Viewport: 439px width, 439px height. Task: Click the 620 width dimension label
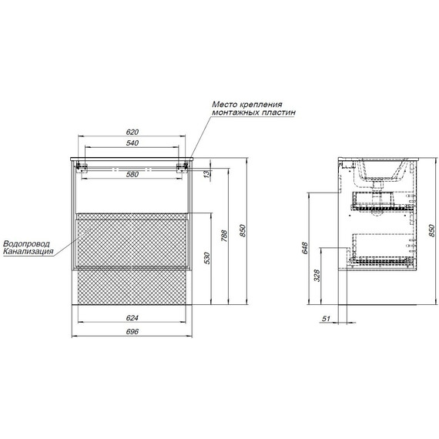(x=132, y=132)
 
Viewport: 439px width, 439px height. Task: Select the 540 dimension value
(x=132, y=142)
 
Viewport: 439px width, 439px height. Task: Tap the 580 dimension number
(x=132, y=174)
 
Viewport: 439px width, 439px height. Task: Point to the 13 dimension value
(x=206, y=174)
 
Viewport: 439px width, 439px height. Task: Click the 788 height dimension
(x=224, y=236)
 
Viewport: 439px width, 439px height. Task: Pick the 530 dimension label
(x=206, y=258)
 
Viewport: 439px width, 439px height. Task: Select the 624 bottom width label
(x=132, y=318)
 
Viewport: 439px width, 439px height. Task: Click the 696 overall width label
(x=132, y=331)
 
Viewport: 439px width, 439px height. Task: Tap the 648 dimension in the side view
(x=305, y=248)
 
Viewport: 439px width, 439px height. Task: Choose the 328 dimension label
(x=317, y=276)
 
